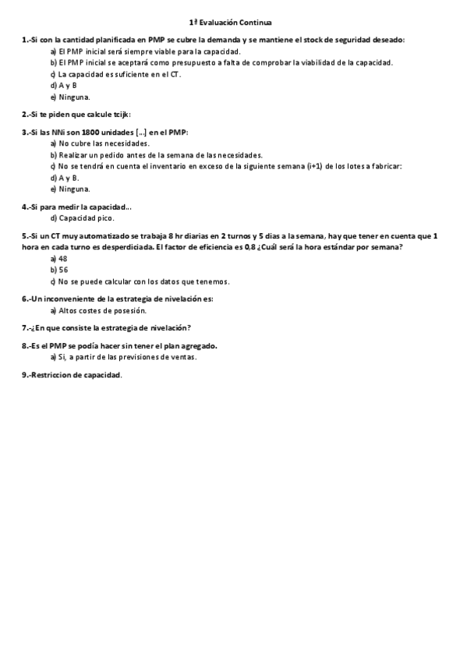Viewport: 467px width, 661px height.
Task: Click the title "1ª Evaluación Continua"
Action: [234, 23]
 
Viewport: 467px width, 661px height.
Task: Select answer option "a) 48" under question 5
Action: [58, 258]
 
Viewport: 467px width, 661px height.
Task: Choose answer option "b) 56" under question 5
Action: [58, 269]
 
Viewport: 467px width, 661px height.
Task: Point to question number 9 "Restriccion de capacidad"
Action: [73, 375]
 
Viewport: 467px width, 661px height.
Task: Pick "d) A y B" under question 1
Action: [63, 85]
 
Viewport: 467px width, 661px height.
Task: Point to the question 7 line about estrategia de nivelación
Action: [107, 327]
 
